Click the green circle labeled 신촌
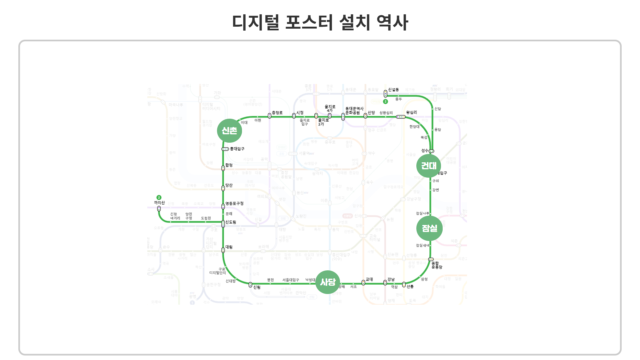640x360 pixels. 229,131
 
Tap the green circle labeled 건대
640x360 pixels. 429,166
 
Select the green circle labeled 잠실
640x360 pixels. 429,228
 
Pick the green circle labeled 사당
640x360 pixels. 328,282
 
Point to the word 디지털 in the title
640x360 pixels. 256,23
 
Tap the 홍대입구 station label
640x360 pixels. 237,149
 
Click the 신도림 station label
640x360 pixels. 231,222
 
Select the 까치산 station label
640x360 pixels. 159,203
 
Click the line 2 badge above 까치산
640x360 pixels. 159,198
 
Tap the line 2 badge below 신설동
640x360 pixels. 385,102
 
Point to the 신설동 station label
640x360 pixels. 393,90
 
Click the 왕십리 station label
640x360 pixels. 411,113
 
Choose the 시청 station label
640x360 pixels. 300,113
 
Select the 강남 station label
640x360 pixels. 391,279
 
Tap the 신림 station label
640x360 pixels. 257,287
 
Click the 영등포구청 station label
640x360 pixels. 234,204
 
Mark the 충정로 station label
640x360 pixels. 277,113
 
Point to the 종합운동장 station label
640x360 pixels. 437,265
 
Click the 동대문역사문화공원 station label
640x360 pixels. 354,111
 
